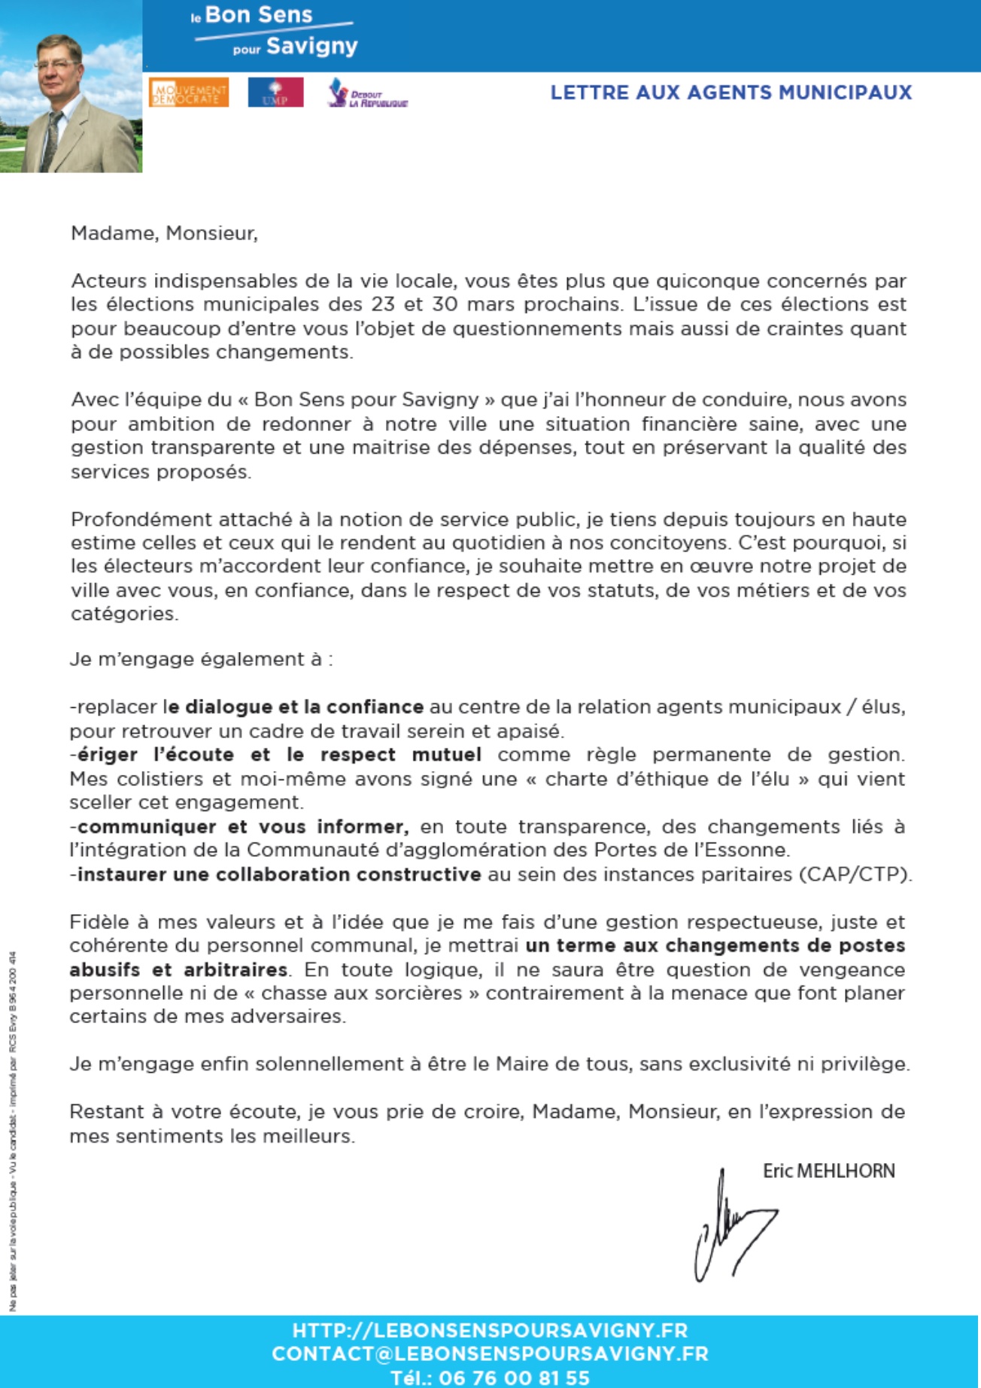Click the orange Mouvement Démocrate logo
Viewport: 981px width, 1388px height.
pos(188,93)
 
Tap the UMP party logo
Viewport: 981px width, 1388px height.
pos(275,93)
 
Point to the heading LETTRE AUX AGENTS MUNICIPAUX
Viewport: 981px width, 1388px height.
pos(730,93)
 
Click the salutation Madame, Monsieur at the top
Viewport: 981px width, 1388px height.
pos(164,233)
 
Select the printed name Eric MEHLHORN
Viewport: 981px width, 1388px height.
pos(828,1171)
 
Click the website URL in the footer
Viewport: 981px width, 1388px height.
pos(490,1329)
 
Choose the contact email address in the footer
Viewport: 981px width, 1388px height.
pos(490,1353)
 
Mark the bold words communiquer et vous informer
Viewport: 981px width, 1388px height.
pos(243,827)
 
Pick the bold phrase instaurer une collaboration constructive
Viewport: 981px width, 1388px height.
pos(279,875)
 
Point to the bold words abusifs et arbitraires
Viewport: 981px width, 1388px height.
pos(178,970)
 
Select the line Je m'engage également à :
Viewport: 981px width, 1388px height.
pos(202,660)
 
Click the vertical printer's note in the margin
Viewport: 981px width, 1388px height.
pos(13,1128)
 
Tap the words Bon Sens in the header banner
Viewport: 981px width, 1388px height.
pos(258,15)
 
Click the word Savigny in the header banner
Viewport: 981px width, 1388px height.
pos(311,47)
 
